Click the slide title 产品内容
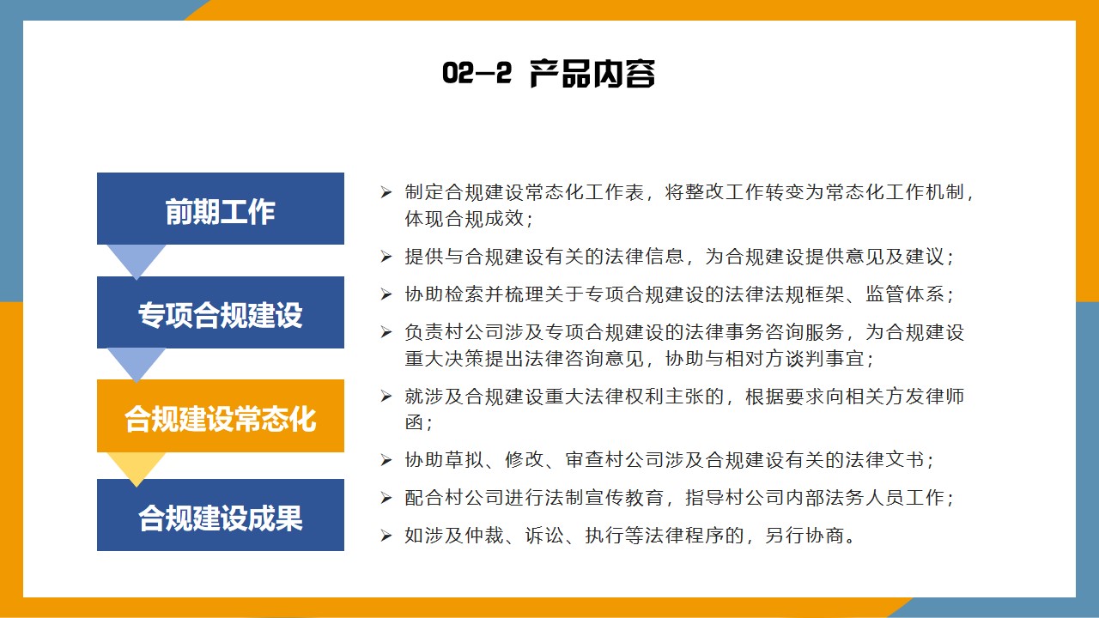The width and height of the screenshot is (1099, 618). (x=592, y=74)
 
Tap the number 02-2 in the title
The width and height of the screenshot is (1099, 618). (x=477, y=73)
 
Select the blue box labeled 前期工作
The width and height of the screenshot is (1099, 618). (x=221, y=209)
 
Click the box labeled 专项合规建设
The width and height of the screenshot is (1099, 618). (x=221, y=312)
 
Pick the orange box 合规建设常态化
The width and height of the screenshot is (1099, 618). (x=221, y=415)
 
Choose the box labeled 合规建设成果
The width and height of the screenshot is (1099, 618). (x=221, y=515)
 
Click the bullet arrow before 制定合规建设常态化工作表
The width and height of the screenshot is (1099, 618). (x=386, y=192)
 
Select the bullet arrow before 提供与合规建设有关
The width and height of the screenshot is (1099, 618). (x=386, y=257)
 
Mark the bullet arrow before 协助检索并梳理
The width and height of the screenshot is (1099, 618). (x=386, y=294)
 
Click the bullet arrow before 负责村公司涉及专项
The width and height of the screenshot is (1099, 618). (x=386, y=332)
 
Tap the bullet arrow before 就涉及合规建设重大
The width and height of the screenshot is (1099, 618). (x=386, y=397)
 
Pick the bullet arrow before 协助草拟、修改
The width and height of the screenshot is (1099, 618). (x=386, y=460)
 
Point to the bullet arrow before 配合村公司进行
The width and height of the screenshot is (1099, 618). (x=386, y=498)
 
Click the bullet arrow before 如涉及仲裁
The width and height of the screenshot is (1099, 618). (x=386, y=536)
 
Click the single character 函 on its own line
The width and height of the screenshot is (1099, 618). (x=414, y=422)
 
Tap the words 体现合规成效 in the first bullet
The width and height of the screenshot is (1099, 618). (x=464, y=219)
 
